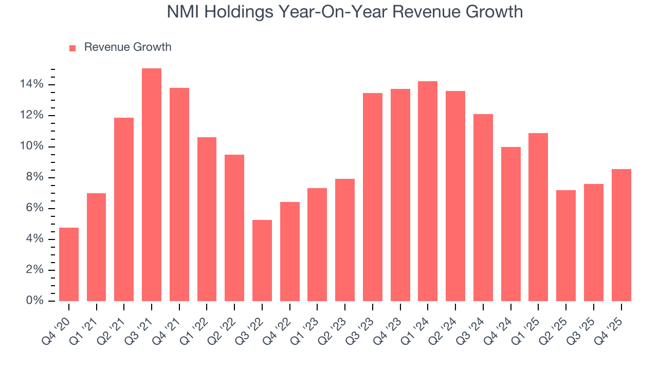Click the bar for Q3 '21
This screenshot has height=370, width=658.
tap(152, 185)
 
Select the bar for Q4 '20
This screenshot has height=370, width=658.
tap(69, 264)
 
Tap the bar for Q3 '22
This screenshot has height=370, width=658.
tap(262, 261)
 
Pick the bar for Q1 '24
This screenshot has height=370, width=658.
tap(428, 191)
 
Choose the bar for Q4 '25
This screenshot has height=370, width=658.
tap(621, 235)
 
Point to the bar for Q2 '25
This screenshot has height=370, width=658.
tap(566, 246)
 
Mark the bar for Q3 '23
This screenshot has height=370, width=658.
tap(373, 197)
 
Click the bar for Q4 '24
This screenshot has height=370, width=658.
tap(510, 224)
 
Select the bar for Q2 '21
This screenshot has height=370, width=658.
tap(124, 209)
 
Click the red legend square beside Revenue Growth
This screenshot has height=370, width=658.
tap(72, 48)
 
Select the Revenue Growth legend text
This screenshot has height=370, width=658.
tap(127, 47)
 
